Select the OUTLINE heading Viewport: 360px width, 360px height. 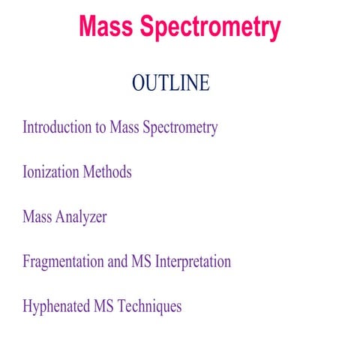[170, 83]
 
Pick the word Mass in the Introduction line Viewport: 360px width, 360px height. [124, 127]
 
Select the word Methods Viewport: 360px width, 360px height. [107, 172]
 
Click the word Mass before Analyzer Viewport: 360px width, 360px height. [37, 217]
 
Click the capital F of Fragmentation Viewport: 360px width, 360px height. [26, 262]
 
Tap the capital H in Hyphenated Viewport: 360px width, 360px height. [28, 307]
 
